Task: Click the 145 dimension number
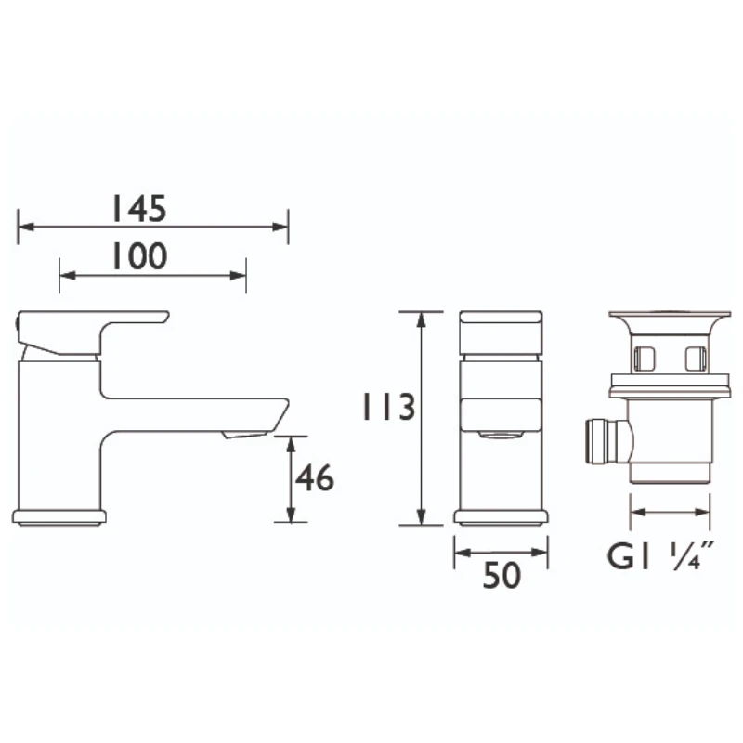coord(138,208)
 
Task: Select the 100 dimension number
coord(138,256)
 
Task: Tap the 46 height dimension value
coord(315,477)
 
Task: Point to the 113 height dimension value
coord(388,407)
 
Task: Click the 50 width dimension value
coord(502,576)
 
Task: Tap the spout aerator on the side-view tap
coord(245,434)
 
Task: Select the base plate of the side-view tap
coord(59,517)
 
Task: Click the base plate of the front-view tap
coord(501,517)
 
